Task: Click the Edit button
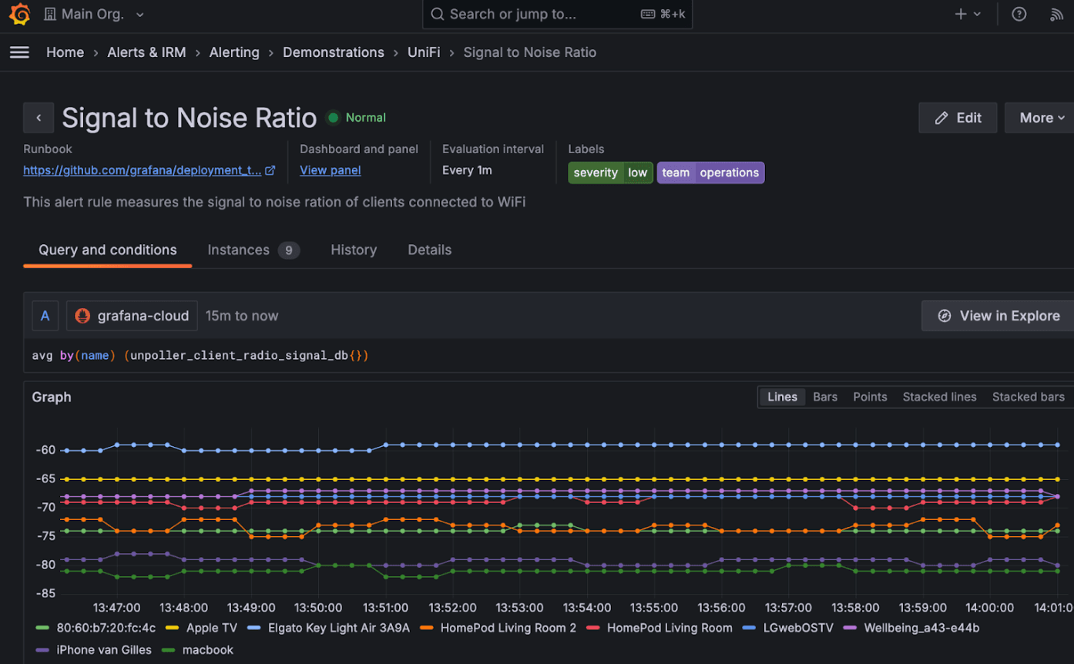pyautogui.click(x=958, y=118)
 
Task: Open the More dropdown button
pyautogui.click(x=1040, y=118)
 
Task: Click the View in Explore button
pyautogui.click(x=998, y=316)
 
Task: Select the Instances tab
pyautogui.click(x=252, y=250)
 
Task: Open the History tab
pyautogui.click(x=354, y=250)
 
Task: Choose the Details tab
pyautogui.click(x=429, y=250)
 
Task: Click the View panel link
pyautogui.click(x=330, y=170)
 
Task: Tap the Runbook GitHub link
pyautogui.click(x=142, y=170)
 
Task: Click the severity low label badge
pyautogui.click(x=610, y=173)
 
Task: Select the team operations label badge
pyautogui.click(x=710, y=173)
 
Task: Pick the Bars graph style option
pyautogui.click(x=824, y=397)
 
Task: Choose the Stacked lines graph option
pyautogui.click(x=939, y=397)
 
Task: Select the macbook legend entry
pyautogui.click(x=207, y=649)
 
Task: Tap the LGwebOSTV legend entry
pyautogui.click(x=797, y=628)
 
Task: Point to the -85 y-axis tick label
pyautogui.click(x=45, y=593)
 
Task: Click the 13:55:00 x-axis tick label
pyautogui.click(x=654, y=608)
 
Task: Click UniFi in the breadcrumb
pyautogui.click(x=424, y=52)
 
